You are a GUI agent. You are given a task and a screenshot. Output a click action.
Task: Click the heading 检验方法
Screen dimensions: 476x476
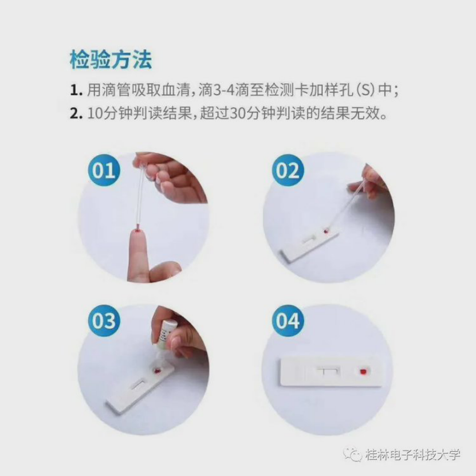click(x=111, y=60)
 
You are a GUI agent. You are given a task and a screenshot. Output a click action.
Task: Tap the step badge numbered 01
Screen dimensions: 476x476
click(x=104, y=170)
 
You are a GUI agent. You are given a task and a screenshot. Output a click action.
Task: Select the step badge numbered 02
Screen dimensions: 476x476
click(x=288, y=170)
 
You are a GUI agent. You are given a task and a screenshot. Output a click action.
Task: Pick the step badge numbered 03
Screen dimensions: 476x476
click(x=104, y=321)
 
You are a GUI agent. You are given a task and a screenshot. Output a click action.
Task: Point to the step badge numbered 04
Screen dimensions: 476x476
click(x=288, y=321)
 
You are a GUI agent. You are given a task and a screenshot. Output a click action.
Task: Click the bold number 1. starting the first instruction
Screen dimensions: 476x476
click(x=76, y=91)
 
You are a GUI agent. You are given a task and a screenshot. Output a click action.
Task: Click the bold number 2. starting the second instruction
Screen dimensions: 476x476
click(x=76, y=113)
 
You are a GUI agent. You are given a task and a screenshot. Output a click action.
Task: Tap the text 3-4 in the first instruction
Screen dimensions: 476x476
click(x=225, y=91)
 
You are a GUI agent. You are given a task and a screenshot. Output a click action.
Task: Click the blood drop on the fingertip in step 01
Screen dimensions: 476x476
click(x=137, y=232)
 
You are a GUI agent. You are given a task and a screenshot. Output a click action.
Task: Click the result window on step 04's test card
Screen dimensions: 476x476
click(x=328, y=371)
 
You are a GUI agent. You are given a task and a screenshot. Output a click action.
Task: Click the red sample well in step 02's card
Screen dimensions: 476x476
click(x=325, y=231)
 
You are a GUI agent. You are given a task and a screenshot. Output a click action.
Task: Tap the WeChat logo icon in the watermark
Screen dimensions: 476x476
click(x=352, y=454)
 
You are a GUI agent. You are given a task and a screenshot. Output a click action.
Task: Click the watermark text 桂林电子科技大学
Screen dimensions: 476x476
click(x=413, y=454)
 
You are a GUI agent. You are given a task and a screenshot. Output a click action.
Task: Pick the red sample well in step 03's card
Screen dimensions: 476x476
click(x=158, y=371)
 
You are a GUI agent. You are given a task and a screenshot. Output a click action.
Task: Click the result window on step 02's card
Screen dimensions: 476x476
click(x=308, y=239)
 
